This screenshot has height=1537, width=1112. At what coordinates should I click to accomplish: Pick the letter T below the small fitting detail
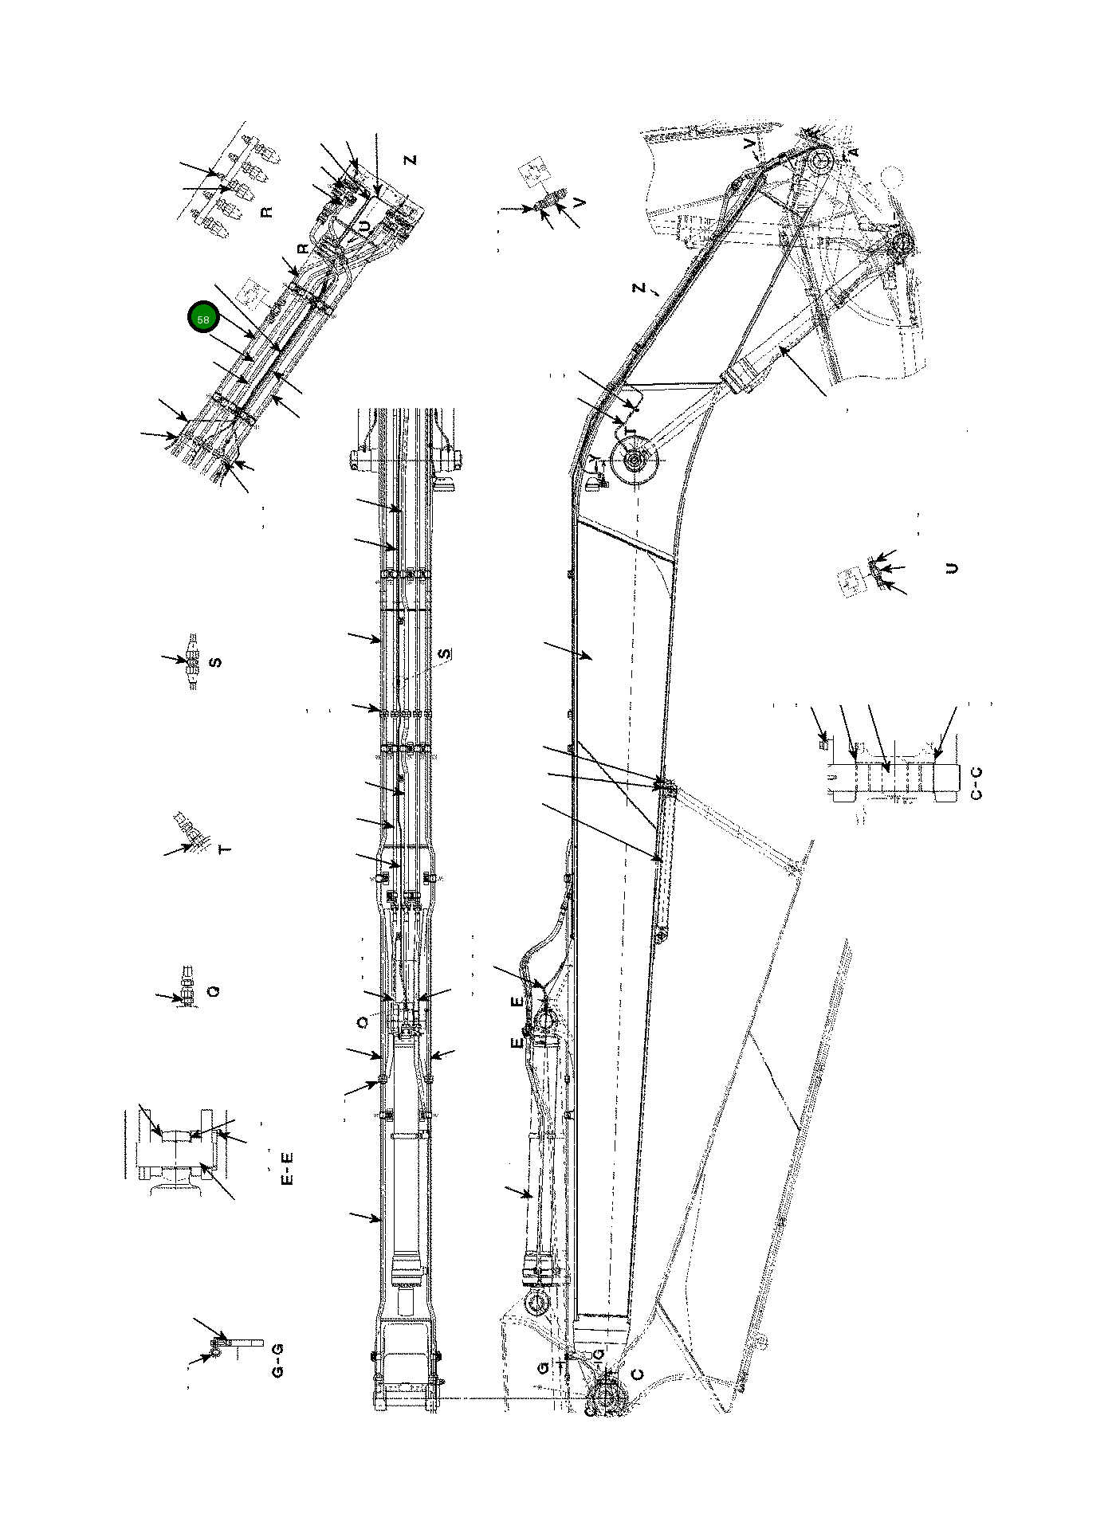point(225,850)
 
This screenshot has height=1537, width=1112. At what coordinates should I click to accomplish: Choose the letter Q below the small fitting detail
point(213,991)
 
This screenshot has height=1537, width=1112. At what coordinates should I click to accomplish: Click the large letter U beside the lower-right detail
point(950,568)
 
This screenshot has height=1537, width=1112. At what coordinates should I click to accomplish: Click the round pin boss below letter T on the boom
point(635,461)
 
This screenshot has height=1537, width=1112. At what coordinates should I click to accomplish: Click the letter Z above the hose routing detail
point(410,160)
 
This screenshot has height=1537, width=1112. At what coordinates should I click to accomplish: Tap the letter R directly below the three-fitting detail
point(267,212)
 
